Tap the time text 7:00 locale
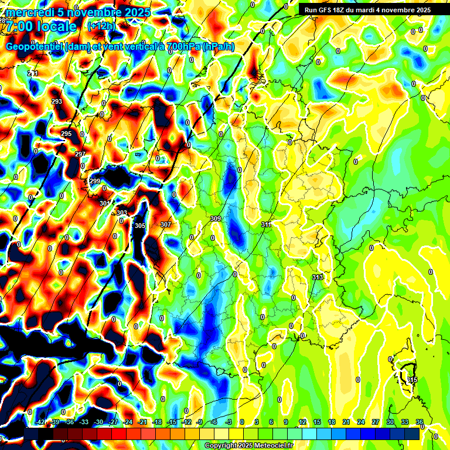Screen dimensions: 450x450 [42, 26]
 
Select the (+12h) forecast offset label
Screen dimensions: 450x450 [101, 26]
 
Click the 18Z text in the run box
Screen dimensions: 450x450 [345, 10]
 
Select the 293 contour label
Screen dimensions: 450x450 [57, 102]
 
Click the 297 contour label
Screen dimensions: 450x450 [80, 154]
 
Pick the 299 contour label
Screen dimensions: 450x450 [95, 181]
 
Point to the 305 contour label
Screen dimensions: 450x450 [140, 226]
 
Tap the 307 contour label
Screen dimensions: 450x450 [165, 224]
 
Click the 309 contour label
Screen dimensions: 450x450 [215, 219]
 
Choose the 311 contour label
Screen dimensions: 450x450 [267, 224]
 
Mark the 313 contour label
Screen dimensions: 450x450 [318, 277]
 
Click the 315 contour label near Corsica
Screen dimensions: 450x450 [412, 380]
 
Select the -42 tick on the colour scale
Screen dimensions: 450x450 [40, 422]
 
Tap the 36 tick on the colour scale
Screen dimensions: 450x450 [420, 422]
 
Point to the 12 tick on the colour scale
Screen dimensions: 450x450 [302, 422]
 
